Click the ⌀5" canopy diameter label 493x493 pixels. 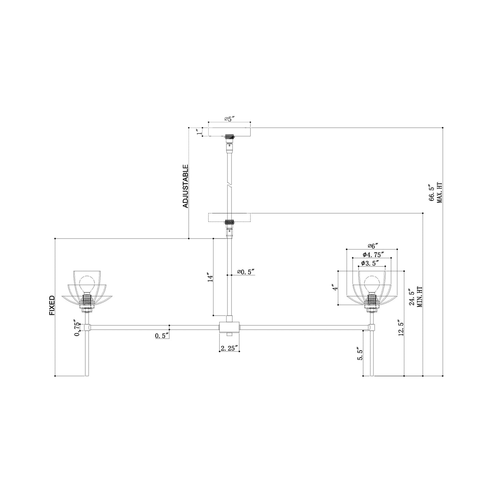pos(229,119)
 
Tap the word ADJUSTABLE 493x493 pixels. pos(185,186)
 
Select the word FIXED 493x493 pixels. pos(52,305)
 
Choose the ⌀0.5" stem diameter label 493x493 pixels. pos(246,272)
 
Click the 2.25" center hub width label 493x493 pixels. pos(229,348)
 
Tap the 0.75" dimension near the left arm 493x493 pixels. pos(77,329)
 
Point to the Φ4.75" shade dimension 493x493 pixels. pos(373,255)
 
